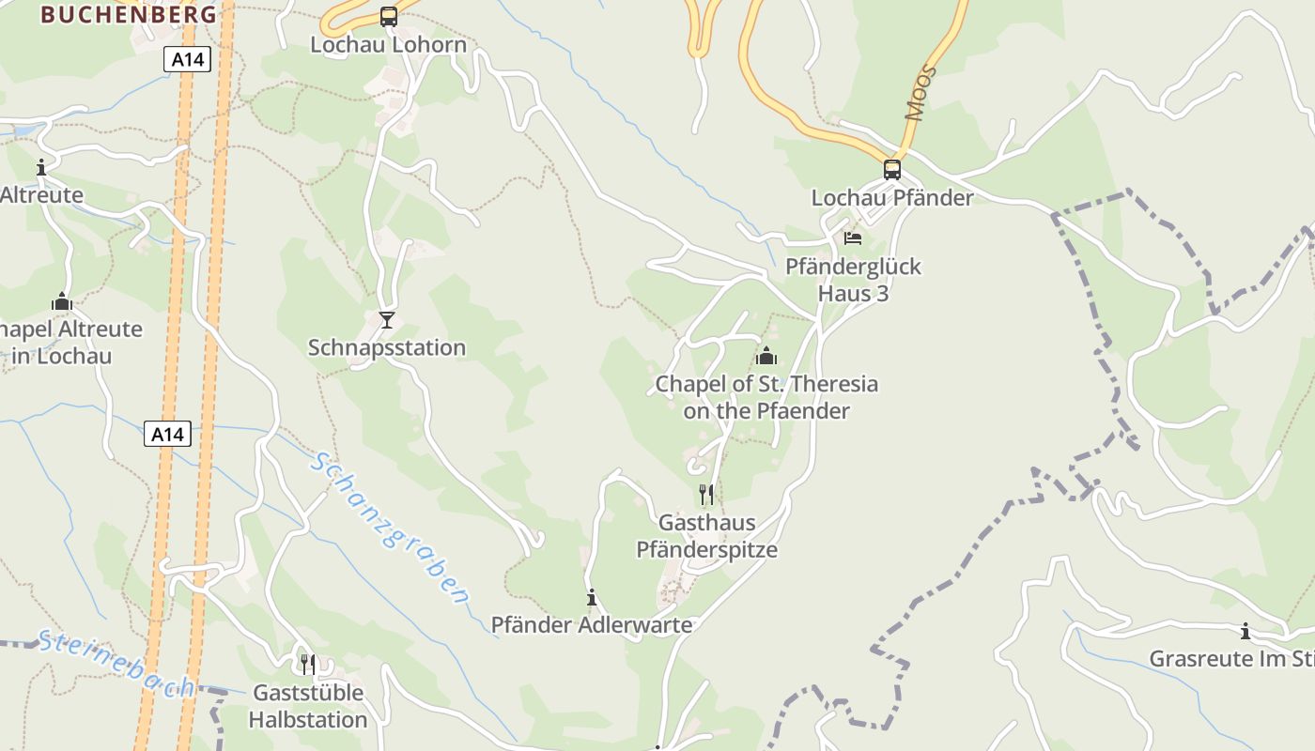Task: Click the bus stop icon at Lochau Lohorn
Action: pos(388,16)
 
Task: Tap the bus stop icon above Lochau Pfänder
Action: pos(891,170)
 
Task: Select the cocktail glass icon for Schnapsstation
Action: pos(386,320)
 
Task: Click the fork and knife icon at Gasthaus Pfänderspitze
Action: pos(706,494)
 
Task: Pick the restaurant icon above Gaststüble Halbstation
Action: pos(308,665)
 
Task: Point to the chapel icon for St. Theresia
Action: pos(766,356)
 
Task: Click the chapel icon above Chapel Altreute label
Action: pos(62,301)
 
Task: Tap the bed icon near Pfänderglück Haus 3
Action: pos(852,238)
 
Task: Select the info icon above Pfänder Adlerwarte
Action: pos(592,597)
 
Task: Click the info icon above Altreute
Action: pos(41,168)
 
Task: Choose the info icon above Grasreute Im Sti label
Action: pos(1245,631)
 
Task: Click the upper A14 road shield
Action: pos(187,60)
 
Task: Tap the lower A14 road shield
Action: pos(168,434)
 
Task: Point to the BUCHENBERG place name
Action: pos(130,14)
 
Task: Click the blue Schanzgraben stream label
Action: pos(391,528)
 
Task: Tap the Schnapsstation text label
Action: pos(387,347)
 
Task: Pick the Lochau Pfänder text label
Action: pos(892,197)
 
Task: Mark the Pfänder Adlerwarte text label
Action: pos(592,624)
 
